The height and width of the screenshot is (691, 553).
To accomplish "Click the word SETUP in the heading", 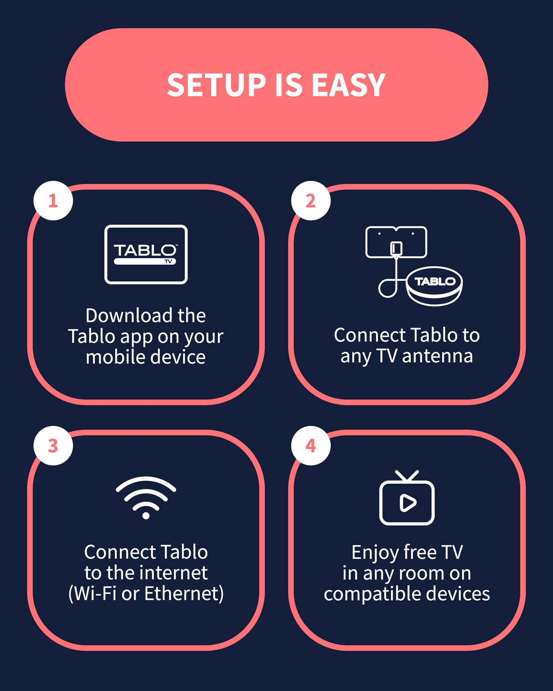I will (216, 85).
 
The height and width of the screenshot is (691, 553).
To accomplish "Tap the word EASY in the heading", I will (348, 85).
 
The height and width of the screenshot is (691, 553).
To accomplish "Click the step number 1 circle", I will (53, 200).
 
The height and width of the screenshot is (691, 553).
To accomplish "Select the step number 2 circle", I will (311, 200).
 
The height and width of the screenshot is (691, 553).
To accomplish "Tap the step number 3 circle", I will (53, 446).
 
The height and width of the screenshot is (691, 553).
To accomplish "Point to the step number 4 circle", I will (311, 446).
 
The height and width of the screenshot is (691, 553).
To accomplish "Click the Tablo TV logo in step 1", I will (146, 254).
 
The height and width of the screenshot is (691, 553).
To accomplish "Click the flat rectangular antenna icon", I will (396, 242).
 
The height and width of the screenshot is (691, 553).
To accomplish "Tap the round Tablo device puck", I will (434, 286).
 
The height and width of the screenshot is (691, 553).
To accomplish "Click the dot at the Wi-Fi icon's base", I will (146, 516).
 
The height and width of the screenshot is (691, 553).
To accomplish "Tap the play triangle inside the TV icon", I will (407, 503).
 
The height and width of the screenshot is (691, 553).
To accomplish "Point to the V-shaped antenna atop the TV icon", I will (407, 476).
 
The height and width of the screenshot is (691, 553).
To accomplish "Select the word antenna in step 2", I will (437, 356).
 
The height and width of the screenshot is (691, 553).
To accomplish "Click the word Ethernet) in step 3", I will (184, 593).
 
